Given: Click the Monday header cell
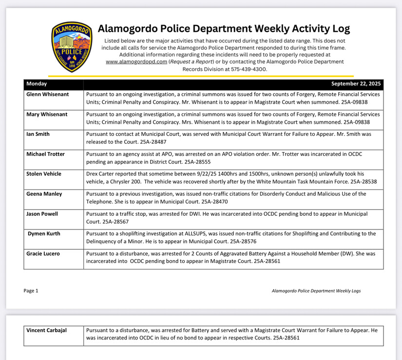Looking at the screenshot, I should click(x=37, y=84).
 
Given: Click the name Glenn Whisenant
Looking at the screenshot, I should click(x=48, y=95).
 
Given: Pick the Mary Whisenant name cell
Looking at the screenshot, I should click(x=47, y=114).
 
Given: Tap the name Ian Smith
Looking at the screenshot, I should click(x=38, y=134).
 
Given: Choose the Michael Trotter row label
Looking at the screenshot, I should click(x=45, y=154).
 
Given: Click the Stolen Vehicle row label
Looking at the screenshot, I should click(x=44, y=174).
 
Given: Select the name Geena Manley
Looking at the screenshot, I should click(x=44, y=194).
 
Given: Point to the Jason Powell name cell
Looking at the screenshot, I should click(x=42, y=214).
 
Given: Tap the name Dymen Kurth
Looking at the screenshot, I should click(x=44, y=234).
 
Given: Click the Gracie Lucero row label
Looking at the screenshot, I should click(x=43, y=254).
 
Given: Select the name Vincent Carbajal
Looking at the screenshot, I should click(x=46, y=330).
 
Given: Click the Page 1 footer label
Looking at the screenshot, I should click(x=31, y=291).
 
